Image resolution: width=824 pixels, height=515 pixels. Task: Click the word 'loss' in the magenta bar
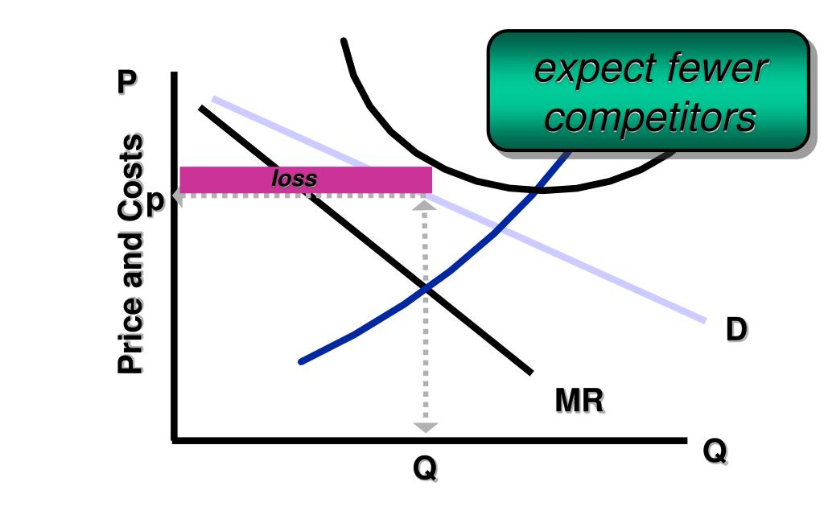[294, 179]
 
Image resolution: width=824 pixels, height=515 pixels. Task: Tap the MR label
[579, 400]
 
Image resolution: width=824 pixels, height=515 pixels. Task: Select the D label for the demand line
[735, 330]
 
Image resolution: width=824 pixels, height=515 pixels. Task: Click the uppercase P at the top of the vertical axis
[126, 83]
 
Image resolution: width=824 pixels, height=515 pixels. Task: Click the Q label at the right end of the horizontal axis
[714, 451]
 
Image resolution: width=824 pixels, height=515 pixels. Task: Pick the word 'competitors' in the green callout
[650, 118]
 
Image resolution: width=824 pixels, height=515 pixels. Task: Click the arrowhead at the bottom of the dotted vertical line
[426, 427]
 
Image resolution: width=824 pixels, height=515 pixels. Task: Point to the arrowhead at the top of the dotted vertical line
[425, 204]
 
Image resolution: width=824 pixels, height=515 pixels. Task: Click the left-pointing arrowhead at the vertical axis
[177, 196]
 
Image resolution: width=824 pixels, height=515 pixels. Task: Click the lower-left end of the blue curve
[301, 362]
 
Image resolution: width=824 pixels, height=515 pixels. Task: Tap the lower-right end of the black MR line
[531, 373]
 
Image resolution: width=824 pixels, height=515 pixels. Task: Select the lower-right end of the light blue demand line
[705, 321]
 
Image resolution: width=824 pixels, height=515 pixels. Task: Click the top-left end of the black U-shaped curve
[344, 39]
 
